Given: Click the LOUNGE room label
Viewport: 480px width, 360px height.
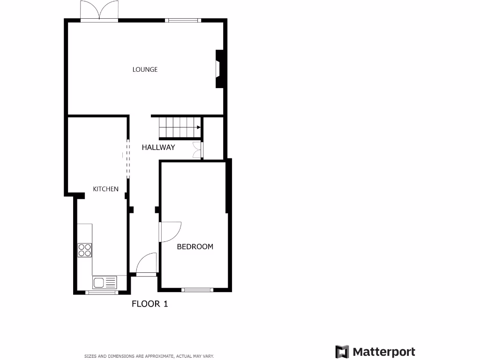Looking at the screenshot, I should (x=145, y=69).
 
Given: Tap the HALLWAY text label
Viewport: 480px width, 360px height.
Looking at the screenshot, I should (x=158, y=147).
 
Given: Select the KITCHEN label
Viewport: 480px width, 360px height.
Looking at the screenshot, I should (x=105, y=189).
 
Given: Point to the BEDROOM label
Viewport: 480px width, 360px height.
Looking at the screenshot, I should (x=195, y=247).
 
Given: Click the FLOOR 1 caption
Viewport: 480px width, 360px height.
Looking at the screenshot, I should (x=150, y=304).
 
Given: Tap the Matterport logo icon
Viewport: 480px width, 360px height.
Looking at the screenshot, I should (x=342, y=352).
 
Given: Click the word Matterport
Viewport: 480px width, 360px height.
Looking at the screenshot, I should (x=383, y=352).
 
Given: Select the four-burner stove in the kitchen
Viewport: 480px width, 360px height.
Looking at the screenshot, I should (x=85, y=250).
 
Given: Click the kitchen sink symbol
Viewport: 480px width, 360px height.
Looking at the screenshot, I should (x=104, y=282).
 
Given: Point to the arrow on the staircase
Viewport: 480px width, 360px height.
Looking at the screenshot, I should (x=199, y=127).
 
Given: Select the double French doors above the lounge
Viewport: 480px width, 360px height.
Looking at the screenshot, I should (x=98, y=10).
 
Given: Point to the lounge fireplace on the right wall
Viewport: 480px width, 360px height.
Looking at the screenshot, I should (x=219, y=69).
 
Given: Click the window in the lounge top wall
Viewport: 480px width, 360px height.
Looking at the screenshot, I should (x=183, y=20).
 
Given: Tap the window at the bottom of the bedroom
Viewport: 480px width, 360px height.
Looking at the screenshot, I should (x=197, y=290).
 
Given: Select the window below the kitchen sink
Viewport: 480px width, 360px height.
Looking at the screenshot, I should (x=102, y=292).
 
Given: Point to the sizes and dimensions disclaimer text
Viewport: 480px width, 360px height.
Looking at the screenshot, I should (x=149, y=356).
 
